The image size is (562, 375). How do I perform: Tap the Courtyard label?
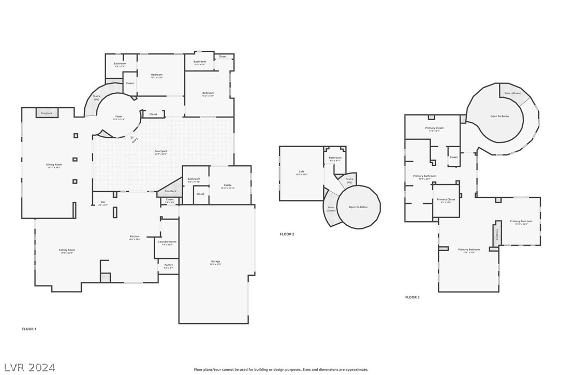161,151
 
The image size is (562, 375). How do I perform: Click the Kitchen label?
135,237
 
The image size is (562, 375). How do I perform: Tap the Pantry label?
169,265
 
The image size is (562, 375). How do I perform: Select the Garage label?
216,262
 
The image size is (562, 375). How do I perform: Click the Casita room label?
228,185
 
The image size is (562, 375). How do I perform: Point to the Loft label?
302,172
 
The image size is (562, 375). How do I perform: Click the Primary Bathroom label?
424,176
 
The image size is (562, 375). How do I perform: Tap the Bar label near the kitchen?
103,203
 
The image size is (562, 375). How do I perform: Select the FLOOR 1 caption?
29,329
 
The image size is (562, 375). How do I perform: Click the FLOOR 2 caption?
287,234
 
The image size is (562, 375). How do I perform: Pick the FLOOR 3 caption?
412,297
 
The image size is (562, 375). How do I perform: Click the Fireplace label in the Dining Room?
47,113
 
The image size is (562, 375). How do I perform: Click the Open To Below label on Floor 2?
358,207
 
